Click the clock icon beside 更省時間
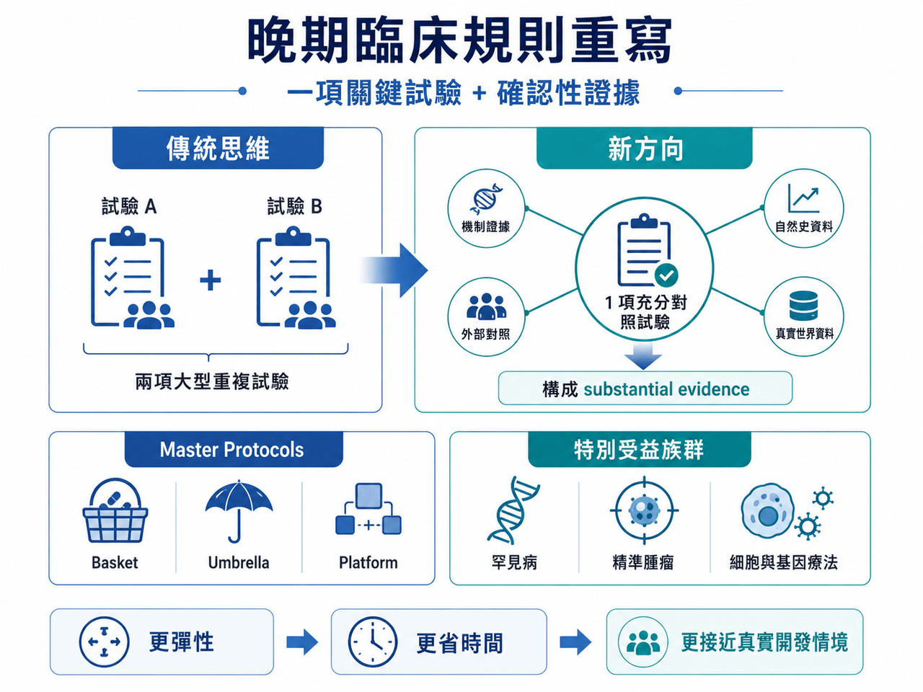(x=373, y=642)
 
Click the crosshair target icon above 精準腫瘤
(x=644, y=510)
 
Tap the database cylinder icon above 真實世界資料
(x=803, y=306)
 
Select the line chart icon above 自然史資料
(x=803, y=198)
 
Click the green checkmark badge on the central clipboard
(x=666, y=275)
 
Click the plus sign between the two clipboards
(x=211, y=280)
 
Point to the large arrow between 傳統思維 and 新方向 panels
(x=394, y=270)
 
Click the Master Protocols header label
(x=231, y=450)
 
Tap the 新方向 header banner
(x=644, y=148)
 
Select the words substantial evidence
(x=666, y=389)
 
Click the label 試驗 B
(x=295, y=206)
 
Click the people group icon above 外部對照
(x=487, y=306)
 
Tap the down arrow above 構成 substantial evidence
(x=643, y=356)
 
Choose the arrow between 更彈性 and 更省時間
(x=302, y=642)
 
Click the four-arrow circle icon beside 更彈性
(x=105, y=642)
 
